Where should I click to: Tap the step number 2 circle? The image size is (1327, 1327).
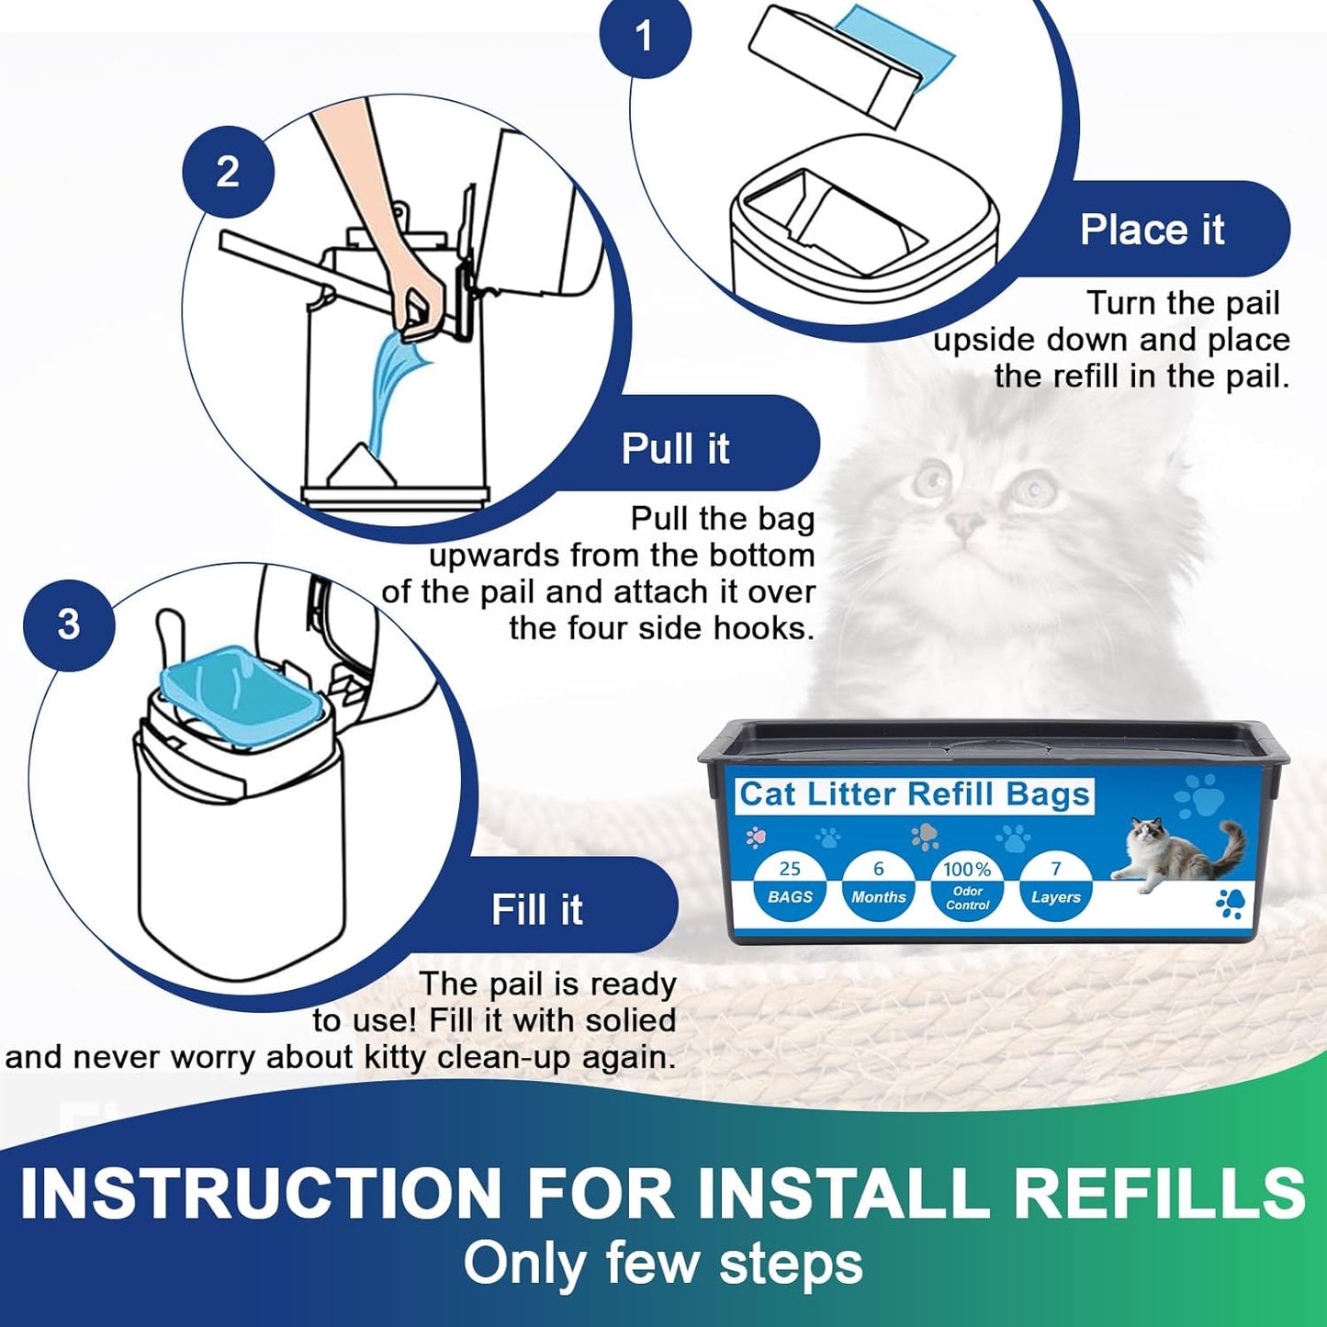coord(228,172)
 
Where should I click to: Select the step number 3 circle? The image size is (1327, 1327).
coord(69,624)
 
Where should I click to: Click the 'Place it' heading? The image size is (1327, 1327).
coord(1152,230)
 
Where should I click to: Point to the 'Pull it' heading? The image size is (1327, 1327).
coord(675,449)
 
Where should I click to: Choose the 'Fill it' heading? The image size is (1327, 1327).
coord(537,910)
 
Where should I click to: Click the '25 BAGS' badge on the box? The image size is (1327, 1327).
coord(790,883)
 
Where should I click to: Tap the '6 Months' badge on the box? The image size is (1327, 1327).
coord(878,883)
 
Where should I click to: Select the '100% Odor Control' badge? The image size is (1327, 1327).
coord(967,885)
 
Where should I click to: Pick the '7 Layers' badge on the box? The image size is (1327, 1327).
coord(1055,883)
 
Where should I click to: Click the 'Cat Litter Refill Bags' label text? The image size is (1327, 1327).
coord(915,794)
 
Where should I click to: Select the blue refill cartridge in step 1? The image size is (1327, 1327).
coord(900,41)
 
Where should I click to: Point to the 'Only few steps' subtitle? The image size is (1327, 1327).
coord(663,1264)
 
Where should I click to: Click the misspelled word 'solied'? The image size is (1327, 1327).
coord(624,1020)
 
